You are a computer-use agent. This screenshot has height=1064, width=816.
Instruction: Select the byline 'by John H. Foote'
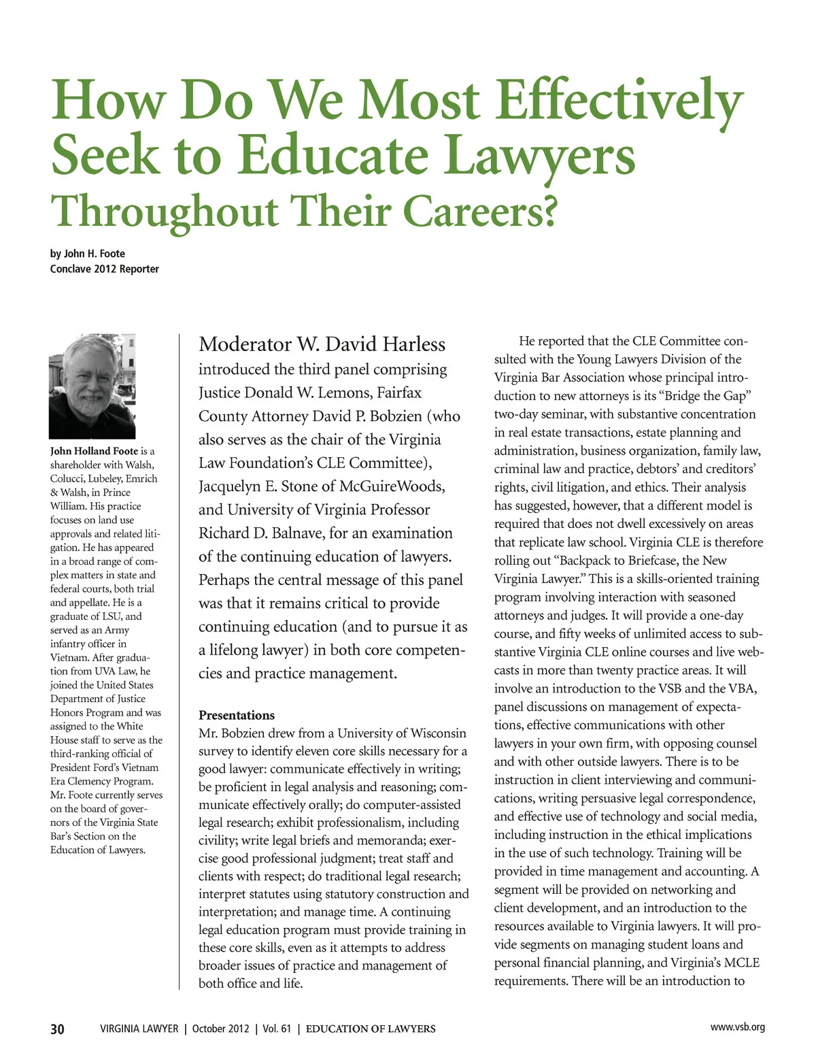click(88, 254)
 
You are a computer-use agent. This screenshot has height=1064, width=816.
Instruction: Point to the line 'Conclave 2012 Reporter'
click(105, 269)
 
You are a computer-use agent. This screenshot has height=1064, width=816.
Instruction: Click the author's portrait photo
click(92, 386)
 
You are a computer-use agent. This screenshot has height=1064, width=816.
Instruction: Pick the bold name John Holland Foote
click(94, 451)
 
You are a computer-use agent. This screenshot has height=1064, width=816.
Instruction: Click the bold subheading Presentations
click(237, 715)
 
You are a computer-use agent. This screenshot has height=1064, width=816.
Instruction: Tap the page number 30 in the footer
click(58, 1029)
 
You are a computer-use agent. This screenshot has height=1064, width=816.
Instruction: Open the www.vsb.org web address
click(737, 1027)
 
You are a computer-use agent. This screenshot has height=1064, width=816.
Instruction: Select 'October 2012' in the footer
click(220, 1029)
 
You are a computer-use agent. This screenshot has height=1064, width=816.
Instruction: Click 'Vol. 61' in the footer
click(276, 1029)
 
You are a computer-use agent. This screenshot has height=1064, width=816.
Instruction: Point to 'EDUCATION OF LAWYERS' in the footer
click(371, 1029)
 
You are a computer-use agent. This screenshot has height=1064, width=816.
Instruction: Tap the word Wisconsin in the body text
click(432, 733)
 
